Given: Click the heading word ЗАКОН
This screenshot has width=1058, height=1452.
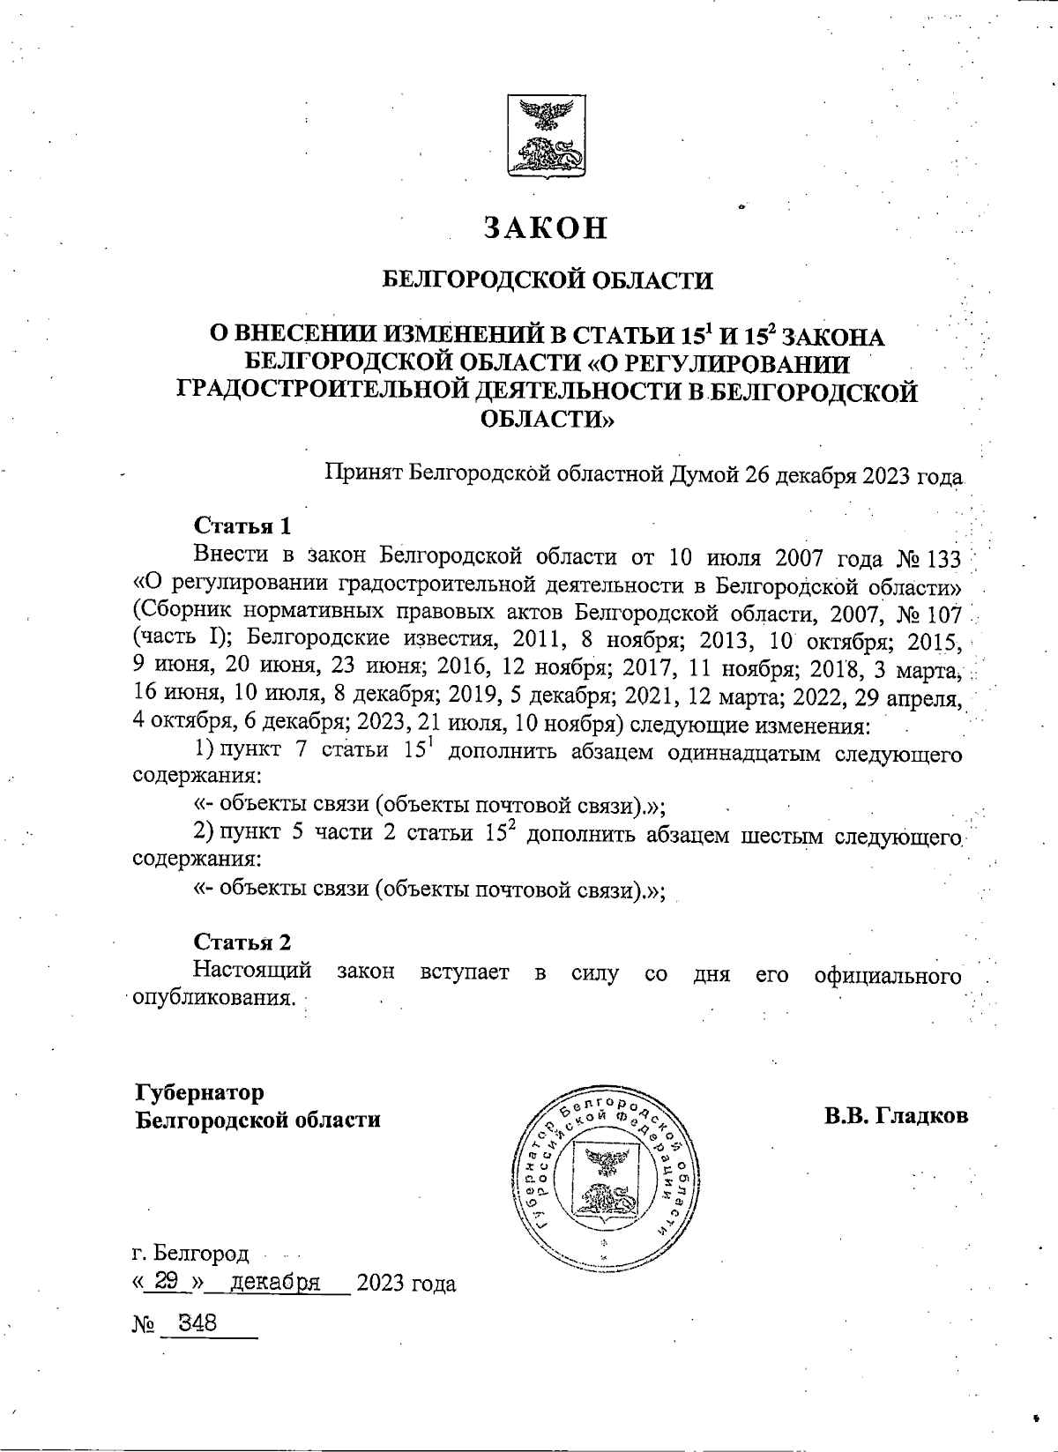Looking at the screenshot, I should click(546, 227).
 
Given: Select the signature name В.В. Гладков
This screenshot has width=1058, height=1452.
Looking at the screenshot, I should click(896, 1115).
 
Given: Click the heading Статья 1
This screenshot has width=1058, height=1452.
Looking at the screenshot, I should click(242, 526).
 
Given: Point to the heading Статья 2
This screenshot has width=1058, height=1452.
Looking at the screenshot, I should click(242, 942).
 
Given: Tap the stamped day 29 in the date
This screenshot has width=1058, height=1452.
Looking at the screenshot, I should click(168, 1283).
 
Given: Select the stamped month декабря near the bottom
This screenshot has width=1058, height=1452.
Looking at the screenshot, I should click(274, 1283).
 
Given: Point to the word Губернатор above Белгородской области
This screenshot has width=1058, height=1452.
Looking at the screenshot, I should click(199, 1092).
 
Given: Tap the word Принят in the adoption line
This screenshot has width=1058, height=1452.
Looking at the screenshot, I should click(365, 476).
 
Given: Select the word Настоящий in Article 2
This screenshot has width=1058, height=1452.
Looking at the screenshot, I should click(252, 972).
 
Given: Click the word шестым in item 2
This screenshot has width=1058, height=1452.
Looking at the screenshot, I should click(782, 834).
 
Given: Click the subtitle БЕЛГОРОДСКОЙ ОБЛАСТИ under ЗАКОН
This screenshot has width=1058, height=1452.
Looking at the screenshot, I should click(547, 280).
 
